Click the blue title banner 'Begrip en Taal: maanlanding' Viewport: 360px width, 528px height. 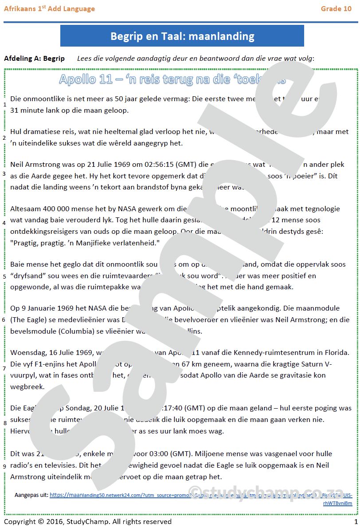(182, 36)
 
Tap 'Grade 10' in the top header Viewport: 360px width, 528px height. (336, 8)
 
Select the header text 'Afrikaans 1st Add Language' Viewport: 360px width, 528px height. (49, 8)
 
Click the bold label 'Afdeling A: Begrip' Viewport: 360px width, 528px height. (34, 59)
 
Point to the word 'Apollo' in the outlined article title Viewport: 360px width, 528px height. (77, 79)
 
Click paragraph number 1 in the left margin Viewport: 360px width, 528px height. (4, 105)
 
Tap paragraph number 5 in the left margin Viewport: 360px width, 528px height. (4, 276)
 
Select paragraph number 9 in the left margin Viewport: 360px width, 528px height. (4, 466)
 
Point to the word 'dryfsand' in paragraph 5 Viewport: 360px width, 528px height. (27, 276)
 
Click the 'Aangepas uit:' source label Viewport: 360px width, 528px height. (31, 495)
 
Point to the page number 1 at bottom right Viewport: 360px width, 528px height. (355, 521)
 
